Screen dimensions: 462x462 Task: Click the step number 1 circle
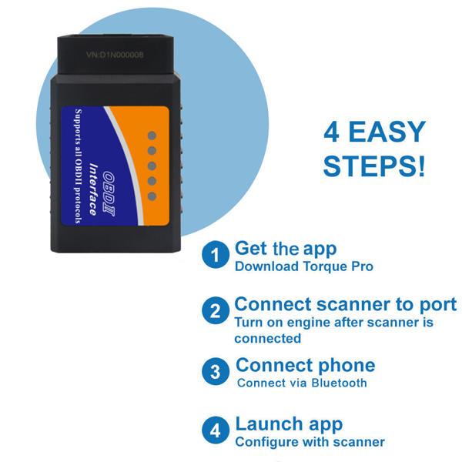(x=216, y=255)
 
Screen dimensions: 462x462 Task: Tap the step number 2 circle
(x=216, y=311)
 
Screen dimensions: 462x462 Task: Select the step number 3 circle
(x=216, y=372)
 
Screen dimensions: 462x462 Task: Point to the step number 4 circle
(x=216, y=430)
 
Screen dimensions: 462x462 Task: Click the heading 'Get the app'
(x=285, y=249)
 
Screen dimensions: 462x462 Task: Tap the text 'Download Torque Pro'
(x=303, y=267)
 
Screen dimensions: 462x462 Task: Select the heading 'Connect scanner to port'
(x=345, y=304)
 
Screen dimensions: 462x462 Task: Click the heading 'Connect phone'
(x=305, y=365)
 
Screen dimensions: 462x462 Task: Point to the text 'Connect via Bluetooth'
(x=302, y=383)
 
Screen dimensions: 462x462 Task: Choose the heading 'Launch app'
(x=289, y=423)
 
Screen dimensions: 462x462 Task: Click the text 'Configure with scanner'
(x=310, y=442)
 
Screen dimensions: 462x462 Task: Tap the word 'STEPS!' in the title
(x=373, y=166)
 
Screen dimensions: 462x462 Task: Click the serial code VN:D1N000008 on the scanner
(x=115, y=55)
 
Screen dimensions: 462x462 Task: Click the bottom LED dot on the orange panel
(x=152, y=196)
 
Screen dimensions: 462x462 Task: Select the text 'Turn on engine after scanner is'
(x=333, y=323)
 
